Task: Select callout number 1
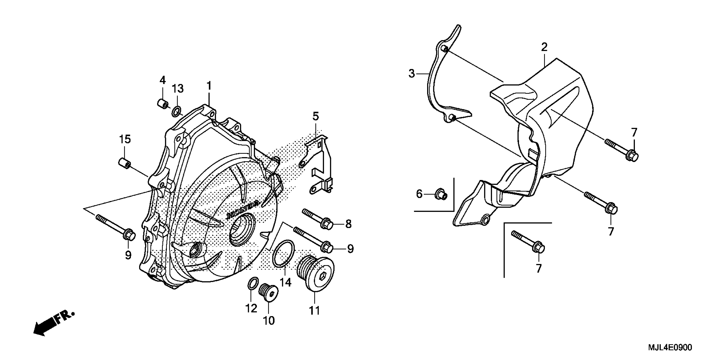click(x=209, y=86)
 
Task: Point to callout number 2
click(x=544, y=47)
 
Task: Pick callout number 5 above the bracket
click(x=316, y=116)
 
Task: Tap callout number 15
click(x=125, y=139)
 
